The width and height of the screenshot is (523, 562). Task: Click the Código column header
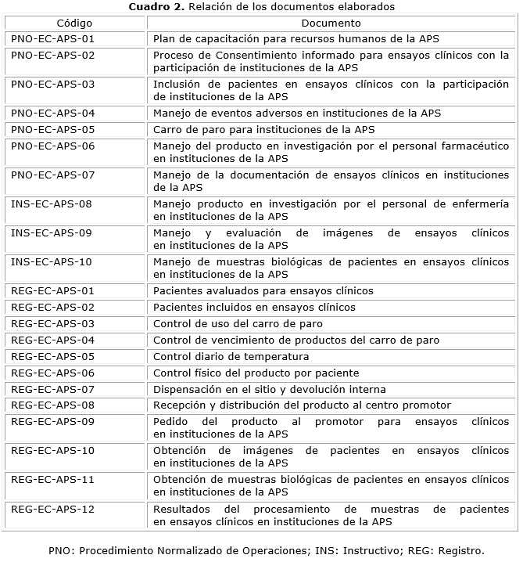(74, 23)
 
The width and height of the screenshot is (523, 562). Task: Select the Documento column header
(331, 23)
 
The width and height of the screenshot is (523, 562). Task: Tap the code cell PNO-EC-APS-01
(53, 38)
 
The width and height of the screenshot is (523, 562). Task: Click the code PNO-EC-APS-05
(53, 129)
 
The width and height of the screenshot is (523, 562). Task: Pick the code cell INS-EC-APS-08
(52, 204)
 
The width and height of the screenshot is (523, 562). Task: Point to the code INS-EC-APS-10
(52, 261)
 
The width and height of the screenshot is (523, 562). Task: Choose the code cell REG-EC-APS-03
(53, 323)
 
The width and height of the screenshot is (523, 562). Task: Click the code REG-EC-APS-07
(53, 389)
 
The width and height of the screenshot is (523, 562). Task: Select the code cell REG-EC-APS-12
(53, 509)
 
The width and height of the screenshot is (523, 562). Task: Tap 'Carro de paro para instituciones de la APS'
(263, 129)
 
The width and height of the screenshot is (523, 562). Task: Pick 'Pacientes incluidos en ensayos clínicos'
(254, 307)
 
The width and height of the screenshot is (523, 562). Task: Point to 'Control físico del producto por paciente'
(256, 373)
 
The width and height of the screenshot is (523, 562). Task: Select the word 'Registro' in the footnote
(460, 549)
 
